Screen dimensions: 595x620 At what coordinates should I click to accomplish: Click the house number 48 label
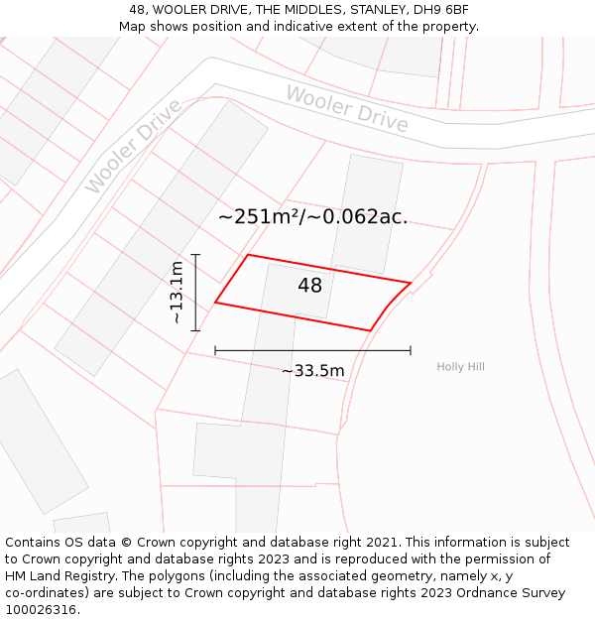pos(309,286)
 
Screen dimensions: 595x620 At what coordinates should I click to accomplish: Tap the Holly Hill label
pos(461,367)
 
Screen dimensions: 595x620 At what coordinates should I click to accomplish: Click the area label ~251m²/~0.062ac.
pos(312,216)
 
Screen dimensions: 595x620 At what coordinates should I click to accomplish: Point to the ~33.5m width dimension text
pos(313,371)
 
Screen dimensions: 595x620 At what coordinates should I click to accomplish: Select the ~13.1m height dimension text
pos(177,293)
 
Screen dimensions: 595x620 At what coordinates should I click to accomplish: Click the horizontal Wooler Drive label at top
pos(347,109)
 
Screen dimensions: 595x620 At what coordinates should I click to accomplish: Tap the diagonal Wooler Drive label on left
pos(133,146)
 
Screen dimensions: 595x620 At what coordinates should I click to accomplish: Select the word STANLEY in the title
pos(373,10)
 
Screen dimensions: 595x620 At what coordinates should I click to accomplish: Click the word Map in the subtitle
pos(133,27)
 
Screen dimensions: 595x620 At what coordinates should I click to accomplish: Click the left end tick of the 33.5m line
pos(215,350)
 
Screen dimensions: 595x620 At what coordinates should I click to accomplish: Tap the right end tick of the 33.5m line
pos(411,350)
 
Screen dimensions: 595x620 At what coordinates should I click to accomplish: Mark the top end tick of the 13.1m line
pos(196,255)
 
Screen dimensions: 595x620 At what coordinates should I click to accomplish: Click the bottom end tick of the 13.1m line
pos(196,330)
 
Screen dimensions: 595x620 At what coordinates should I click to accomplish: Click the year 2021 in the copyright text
pos(382,543)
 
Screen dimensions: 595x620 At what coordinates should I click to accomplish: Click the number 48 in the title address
pos(137,10)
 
